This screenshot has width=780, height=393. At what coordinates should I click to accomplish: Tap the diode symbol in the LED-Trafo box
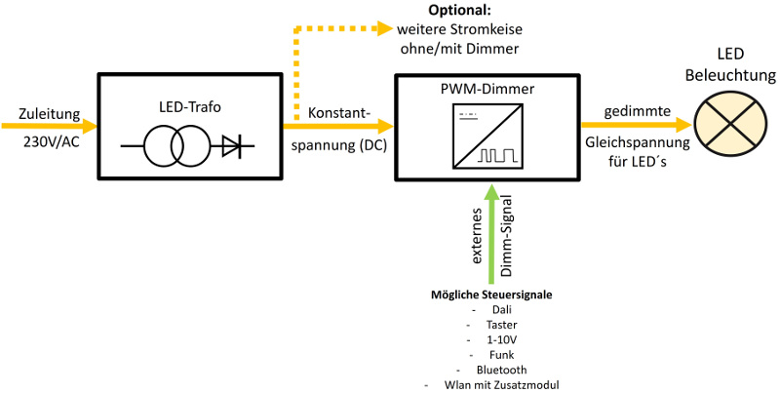click(x=231, y=147)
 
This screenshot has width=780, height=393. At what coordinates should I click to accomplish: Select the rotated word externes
click(x=477, y=238)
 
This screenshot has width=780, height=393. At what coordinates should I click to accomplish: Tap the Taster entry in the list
click(x=501, y=324)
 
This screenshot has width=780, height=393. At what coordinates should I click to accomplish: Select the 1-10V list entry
click(x=501, y=339)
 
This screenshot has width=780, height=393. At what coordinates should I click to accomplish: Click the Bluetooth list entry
click(x=501, y=370)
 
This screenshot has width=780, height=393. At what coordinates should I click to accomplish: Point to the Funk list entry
click(x=501, y=354)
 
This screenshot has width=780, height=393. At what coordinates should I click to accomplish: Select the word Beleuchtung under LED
click(x=730, y=75)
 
